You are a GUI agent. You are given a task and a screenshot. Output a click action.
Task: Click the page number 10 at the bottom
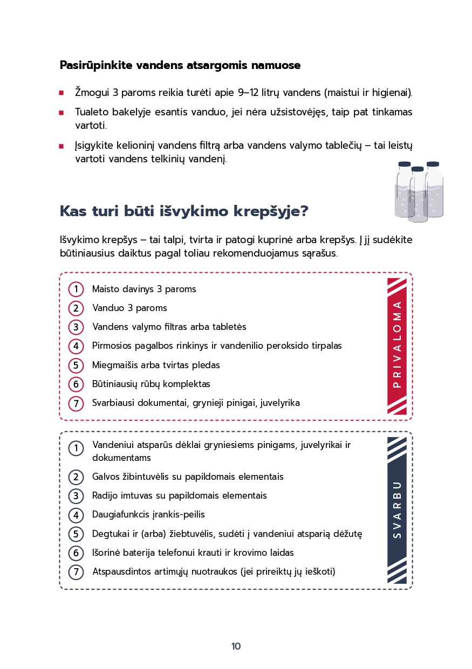[x=236, y=646]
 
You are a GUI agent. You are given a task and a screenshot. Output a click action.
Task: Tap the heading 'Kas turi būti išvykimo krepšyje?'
[x=184, y=211]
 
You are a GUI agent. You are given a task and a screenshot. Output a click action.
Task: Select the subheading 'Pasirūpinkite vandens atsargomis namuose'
[x=180, y=66]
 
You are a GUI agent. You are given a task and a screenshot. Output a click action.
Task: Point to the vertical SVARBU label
[x=397, y=510]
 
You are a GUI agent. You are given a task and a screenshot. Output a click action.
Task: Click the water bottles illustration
[x=419, y=191]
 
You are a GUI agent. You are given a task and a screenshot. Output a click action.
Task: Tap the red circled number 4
[x=76, y=346]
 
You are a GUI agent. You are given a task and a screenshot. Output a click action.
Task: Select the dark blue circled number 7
[x=76, y=572]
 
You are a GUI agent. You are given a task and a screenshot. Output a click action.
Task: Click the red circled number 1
[x=76, y=289]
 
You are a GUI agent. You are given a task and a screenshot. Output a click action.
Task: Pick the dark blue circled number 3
[x=76, y=496]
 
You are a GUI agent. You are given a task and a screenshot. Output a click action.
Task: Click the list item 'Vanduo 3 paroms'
[x=129, y=308]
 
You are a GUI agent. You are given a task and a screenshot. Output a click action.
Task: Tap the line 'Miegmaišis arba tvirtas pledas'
[x=156, y=365]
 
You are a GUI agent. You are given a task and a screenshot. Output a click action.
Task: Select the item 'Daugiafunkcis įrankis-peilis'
[x=148, y=515]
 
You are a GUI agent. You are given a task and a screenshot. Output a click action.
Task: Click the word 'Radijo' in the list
[x=104, y=496]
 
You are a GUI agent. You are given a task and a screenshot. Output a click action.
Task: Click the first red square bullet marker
[x=61, y=93]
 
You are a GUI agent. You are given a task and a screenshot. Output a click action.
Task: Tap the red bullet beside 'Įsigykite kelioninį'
[x=61, y=146]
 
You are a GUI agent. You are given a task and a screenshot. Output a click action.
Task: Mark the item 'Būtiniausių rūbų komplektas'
[x=151, y=384]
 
